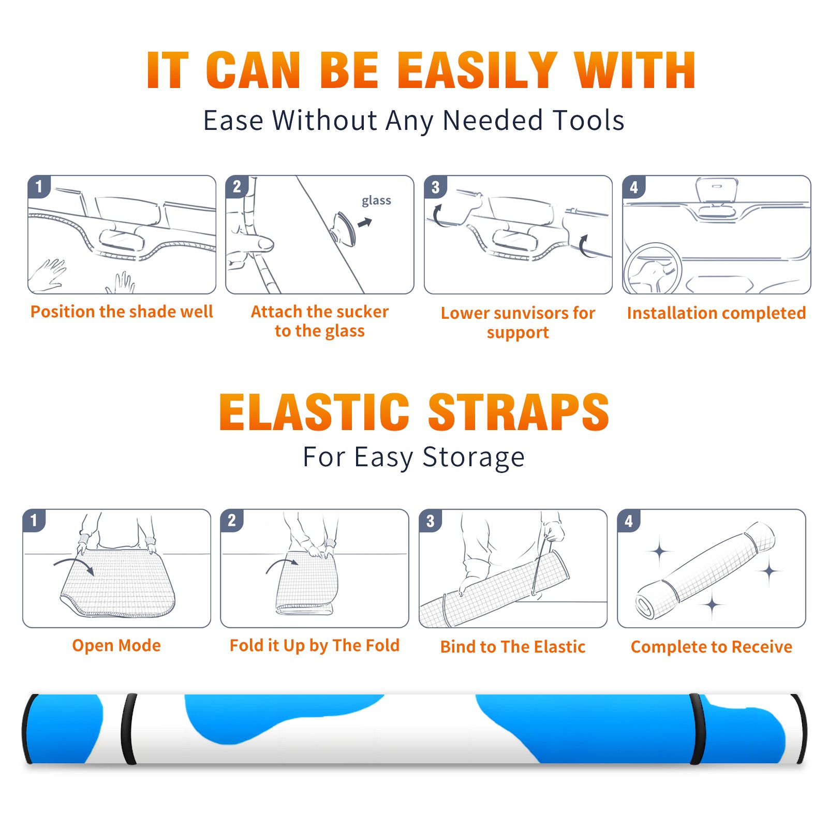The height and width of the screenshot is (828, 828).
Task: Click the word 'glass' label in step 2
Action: [376, 201]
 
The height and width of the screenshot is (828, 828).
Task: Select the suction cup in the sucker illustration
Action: [344, 228]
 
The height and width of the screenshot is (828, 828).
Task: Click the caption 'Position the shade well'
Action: [122, 312]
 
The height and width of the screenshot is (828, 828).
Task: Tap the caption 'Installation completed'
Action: [716, 313]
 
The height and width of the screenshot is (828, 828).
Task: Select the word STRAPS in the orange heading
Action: [519, 412]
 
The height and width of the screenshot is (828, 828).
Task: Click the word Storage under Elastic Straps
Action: [474, 457]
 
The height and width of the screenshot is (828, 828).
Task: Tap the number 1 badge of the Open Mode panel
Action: [34, 520]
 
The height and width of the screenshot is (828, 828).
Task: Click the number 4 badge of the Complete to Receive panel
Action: [629, 521]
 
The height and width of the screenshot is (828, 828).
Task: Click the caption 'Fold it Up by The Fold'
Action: [315, 646]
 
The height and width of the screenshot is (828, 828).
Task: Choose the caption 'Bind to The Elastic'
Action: [513, 647]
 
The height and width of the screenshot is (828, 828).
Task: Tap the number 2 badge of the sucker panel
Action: [237, 186]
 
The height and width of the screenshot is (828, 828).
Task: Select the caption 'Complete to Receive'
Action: [712, 647]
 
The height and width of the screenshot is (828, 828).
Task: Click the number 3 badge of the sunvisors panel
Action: [435, 187]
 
